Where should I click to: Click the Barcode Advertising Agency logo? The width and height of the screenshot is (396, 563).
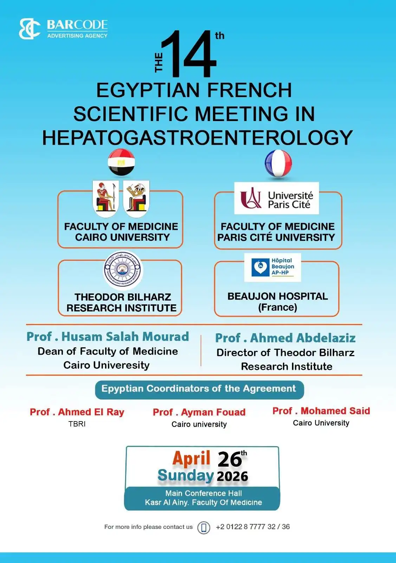tap(63, 29)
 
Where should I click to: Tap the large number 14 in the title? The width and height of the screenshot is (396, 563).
tap(190, 55)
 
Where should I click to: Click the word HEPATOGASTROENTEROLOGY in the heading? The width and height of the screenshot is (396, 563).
tap(197, 138)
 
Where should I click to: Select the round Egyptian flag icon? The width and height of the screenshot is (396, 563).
tap(121, 162)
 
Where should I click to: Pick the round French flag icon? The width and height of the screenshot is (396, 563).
tap(278, 163)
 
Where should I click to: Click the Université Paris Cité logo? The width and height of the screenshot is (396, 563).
tap(277, 198)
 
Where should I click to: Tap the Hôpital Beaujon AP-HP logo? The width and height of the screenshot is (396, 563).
tap(273, 267)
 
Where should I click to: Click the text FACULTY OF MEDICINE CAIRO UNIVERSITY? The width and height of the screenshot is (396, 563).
tap(121, 232)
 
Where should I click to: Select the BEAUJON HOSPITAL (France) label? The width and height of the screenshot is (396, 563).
tap(278, 302)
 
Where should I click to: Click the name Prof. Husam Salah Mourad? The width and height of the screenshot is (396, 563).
tap(108, 336)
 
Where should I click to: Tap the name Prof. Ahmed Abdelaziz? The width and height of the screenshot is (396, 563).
tap(285, 338)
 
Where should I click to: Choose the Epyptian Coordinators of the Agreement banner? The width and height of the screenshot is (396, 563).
tap(199, 389)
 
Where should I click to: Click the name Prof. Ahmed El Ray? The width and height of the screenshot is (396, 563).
tap(77, 412)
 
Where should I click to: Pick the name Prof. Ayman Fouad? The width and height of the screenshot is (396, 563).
tap(199, 412)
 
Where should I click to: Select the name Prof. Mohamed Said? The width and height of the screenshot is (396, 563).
tap(321, 411)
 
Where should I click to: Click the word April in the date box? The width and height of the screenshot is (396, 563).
tap(191, 458)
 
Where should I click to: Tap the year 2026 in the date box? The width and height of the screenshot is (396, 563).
tap(233, 476)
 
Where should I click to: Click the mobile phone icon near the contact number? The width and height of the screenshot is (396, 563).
tap(204, 527)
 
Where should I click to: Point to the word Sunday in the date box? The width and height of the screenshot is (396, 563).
tap(186, 475)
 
